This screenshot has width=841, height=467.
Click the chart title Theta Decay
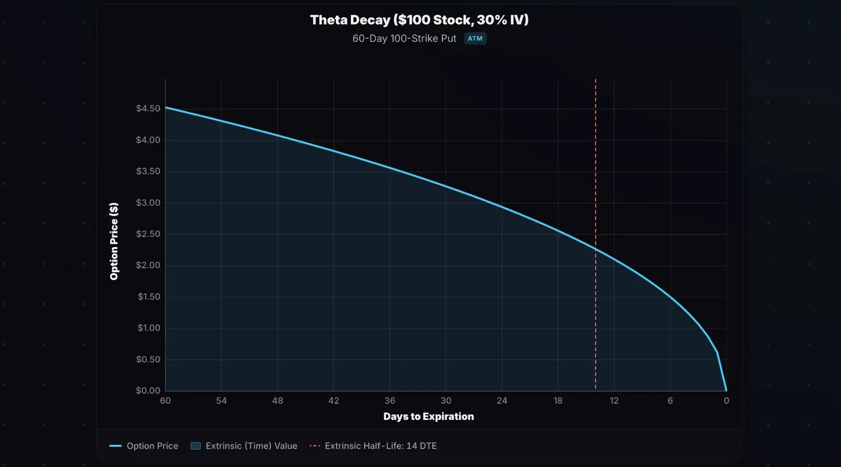419,20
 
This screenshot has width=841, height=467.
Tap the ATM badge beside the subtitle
475,38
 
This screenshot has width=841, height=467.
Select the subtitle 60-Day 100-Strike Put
404,38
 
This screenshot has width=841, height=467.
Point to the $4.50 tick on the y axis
148,108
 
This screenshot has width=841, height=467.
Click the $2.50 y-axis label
148,234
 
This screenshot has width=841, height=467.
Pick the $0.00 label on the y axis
148,390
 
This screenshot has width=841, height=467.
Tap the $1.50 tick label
149,297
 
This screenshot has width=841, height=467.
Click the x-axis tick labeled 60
165,401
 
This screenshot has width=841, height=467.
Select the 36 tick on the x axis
390,401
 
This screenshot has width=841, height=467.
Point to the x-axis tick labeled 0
726,401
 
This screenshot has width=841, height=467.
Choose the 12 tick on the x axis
614,401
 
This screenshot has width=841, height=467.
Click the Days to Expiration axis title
428,417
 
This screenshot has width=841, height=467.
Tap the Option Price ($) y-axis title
114,241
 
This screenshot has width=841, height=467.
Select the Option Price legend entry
144,446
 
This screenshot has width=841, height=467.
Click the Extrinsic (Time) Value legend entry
244,446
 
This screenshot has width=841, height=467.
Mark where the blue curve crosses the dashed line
596,250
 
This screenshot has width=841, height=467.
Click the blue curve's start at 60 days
166,107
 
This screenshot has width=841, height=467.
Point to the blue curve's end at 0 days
726,390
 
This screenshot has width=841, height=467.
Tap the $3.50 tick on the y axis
148,171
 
